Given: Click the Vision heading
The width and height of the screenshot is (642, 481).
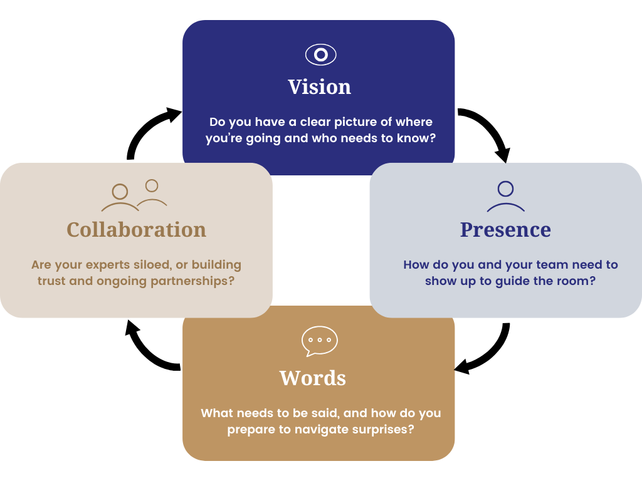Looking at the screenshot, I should (x=320, y=86).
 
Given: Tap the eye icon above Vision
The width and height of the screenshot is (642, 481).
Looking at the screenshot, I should (x=320, y=54).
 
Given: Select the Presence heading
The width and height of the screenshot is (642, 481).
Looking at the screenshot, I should (x=505, y=229).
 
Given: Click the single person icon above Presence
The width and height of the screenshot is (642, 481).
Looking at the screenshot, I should (x=505, y=196).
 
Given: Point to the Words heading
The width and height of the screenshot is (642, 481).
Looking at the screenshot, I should (x=313, y=378).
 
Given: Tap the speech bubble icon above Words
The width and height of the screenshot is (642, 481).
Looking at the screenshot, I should (x=320, y=341).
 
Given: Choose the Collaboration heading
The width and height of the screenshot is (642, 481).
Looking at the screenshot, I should (x=136, y=229).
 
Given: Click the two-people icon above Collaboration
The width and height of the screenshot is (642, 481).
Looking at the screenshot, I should (x=134, y=195).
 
